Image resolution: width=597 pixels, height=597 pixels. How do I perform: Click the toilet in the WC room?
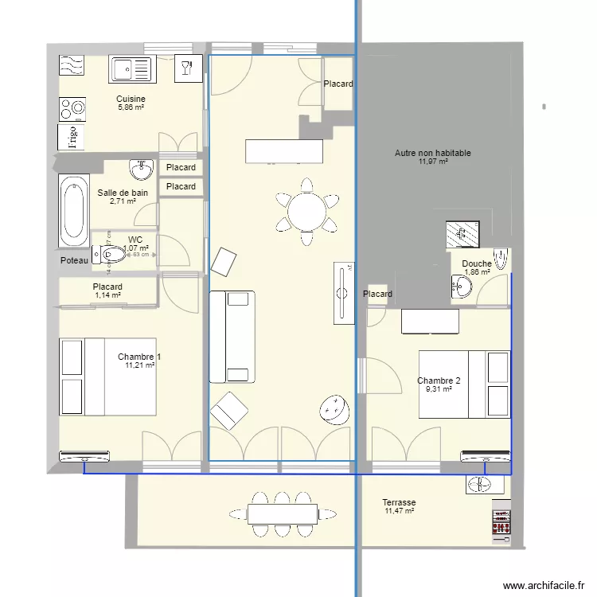(x=112, y=255)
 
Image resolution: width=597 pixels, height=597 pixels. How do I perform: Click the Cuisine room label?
(x=131, y=99)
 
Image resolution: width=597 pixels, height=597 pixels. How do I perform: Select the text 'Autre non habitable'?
(x=432, y=153)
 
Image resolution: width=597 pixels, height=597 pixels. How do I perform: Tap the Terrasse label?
(x=399, y=502)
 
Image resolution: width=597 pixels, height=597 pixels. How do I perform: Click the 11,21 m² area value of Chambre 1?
(x=139, y=366)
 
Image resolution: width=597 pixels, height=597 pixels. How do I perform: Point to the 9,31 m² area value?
(x=439, y=390)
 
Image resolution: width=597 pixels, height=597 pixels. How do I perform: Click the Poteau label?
(x=73, y=261)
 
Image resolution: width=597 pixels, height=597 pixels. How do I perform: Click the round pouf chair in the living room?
(x=336, y=409)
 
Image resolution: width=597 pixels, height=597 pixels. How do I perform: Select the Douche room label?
(x=476, y=263)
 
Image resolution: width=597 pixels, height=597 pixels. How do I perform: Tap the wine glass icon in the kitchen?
(x=187, y=68)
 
